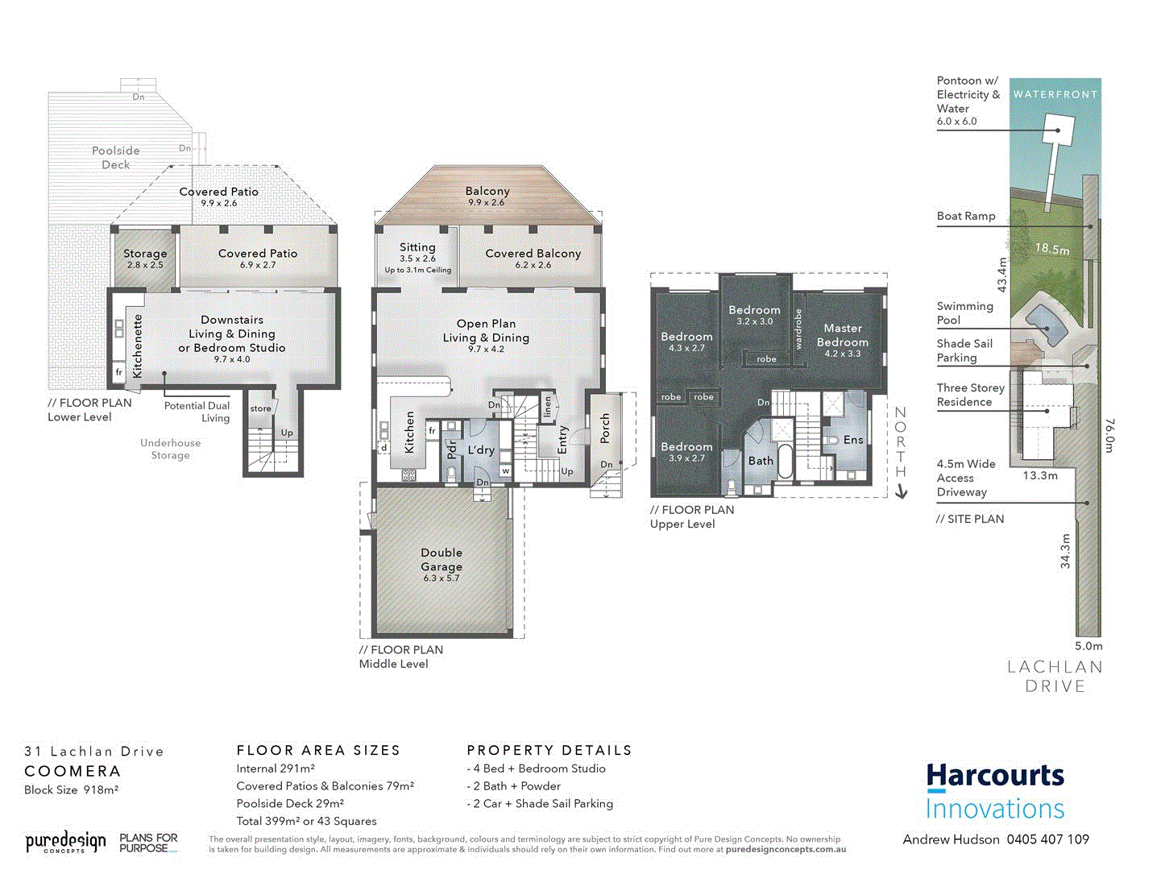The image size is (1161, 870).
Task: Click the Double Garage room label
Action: tap(442, 560)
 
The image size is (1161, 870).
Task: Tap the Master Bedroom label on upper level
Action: tap(843, 335)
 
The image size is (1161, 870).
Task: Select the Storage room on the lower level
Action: tap(145, 258)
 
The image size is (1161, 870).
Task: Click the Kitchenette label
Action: tap(138, 346)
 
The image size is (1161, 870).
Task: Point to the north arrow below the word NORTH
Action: tap(902, 491)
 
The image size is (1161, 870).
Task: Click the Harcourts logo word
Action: tap(995, 776)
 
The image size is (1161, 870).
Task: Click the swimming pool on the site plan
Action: tap(1045, 323)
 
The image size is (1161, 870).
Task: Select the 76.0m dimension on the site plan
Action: tap(1109, 435)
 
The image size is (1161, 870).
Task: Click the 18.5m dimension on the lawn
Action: tap(1052, 249)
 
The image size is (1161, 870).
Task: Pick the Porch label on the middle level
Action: tap(605, 428)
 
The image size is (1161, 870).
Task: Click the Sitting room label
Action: tap(417, 247)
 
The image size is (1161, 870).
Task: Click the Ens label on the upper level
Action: tap(853, 440)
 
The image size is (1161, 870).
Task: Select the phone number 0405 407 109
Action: tap(1047, 839)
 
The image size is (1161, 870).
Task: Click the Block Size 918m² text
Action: tap(72, 789)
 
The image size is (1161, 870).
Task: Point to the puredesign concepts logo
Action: tap(65, 843)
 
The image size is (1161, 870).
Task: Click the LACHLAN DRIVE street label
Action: tap(1055, 677)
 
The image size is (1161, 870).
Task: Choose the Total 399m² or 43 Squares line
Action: tap(306, 821)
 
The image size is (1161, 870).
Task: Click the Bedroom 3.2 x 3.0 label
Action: tap(754, 314)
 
